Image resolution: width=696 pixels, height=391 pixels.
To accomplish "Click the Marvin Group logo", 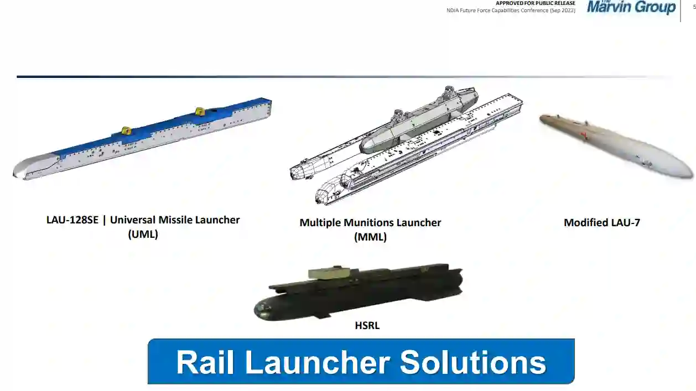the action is click(x=631, y=7).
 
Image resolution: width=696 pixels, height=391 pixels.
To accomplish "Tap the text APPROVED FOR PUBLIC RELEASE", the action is click(x=536, y=3).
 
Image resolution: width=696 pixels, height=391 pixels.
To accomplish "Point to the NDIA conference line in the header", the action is click(x=511, y=11).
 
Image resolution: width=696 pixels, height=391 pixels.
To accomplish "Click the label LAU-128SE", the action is click(x=72, y=220).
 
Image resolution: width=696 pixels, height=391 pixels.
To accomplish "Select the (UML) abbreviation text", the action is click(x=143, y=234).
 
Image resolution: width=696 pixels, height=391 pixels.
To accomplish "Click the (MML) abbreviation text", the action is click(x=370, y=237).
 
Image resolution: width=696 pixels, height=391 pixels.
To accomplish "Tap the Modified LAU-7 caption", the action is click(x=602, y=222).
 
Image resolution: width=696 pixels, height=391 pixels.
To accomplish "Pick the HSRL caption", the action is click(x=367, y=325).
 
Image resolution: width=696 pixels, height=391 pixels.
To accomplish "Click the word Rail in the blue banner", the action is click(x=205, y=362).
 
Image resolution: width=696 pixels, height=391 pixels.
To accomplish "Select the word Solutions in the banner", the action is click(x=473, y=362).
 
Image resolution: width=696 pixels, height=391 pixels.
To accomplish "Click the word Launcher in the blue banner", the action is click(x=317, y=362).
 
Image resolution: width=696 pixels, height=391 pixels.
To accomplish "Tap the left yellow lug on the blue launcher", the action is click(x=126, y=131).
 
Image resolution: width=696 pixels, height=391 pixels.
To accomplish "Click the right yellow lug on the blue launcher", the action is click(x=200, y=111).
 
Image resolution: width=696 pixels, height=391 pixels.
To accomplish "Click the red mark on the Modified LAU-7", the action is click(x=584, y=135).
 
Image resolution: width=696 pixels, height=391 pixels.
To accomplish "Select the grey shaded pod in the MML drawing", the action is click(x=418, y=121).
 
